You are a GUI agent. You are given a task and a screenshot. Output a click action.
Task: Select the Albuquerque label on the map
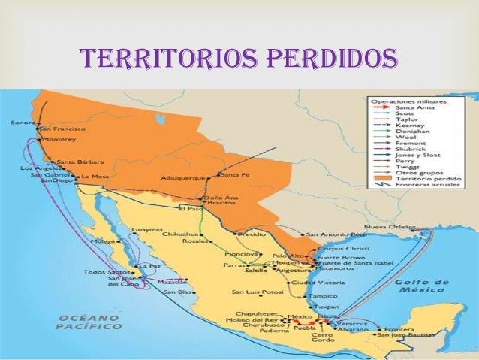tap(183, 178)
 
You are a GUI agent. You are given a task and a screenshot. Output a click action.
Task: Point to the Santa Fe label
tap(235, 175)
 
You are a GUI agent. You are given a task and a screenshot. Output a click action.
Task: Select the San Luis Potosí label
tap(256, 292)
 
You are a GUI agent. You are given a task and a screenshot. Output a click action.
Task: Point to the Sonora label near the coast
tap(23, 121)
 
